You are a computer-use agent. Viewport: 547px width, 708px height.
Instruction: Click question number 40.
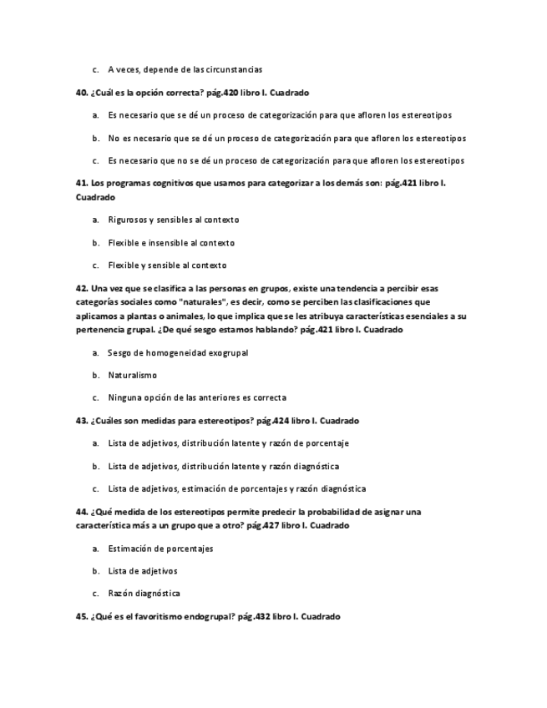coord(81,92)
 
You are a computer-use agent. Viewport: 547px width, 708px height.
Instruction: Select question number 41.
coord(81,182)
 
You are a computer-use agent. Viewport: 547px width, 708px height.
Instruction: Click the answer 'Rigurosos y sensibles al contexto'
coord(173,220)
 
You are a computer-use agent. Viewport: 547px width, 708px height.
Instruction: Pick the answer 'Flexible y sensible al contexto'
coord(167,265)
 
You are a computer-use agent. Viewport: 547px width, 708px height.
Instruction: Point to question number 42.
coord(81,287)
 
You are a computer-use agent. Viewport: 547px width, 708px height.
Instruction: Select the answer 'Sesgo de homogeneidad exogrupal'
coord(177,353)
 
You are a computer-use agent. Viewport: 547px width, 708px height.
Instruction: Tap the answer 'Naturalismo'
coord(132,376)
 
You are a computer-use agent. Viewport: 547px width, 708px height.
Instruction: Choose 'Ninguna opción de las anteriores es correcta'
coord(196,397)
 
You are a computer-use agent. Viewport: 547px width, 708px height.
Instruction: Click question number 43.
coord(81,420)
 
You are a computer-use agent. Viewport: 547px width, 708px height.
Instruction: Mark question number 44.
coord(81,511)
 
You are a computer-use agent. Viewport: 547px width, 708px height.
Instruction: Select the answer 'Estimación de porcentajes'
coord(160,549)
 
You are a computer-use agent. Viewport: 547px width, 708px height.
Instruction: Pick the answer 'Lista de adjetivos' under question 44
coord(142,571)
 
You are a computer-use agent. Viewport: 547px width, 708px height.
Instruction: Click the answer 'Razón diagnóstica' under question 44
coord(144,594)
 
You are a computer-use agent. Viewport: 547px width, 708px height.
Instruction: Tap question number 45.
coord(81,616)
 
